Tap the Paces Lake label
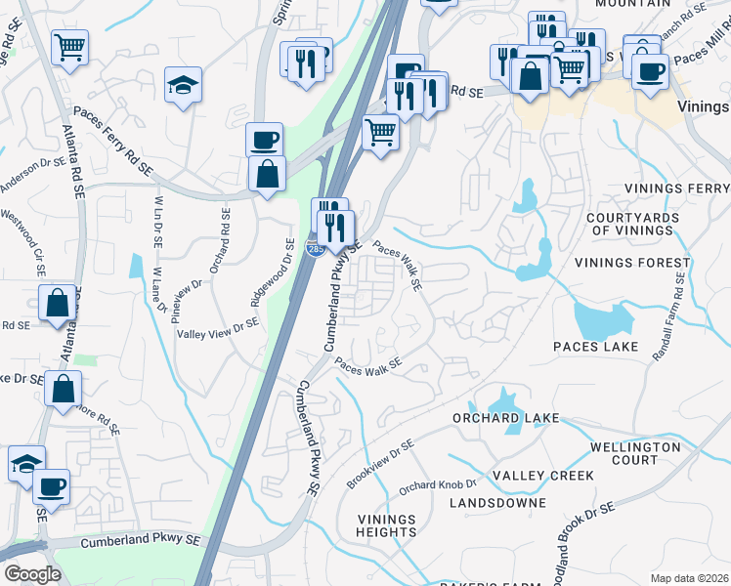(595, 347)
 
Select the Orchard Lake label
(506, 418)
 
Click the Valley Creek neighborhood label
(542, 476)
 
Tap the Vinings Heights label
(387, 525)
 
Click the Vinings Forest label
(623, 262)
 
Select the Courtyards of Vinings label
(630, 224)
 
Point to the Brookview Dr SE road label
(380, 465)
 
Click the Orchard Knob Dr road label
(437, 484)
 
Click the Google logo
(32, 574)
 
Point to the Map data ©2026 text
(690, 578)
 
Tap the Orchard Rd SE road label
(220, 241)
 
